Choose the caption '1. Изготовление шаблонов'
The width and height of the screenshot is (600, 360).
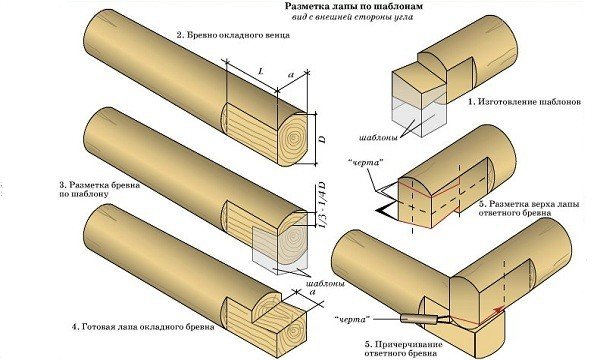coord(517,103)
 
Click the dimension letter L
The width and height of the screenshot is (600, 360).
coord(260,71)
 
